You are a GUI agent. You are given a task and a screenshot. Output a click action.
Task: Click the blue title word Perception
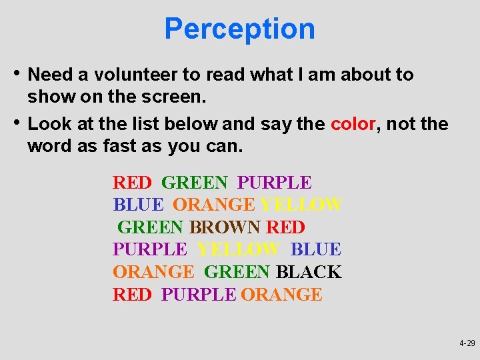pos(239,29)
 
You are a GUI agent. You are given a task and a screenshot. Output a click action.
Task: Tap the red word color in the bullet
pos(353,124)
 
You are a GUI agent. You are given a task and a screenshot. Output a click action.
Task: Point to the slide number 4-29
pos(467,343)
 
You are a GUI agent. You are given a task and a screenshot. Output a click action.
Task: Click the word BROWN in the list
pos(225,227)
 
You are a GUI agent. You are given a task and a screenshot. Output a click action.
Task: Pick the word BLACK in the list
pos(308,272)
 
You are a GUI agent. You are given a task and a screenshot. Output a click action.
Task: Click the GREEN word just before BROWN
pos(151,227)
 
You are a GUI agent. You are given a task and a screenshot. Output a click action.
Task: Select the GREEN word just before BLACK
pos(237,272)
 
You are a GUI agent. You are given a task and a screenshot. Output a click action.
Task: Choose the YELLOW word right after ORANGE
pos(301,205)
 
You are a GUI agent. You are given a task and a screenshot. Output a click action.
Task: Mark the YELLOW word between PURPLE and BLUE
pos(238,249)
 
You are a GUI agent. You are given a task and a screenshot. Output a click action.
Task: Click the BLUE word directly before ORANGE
pos(138,205)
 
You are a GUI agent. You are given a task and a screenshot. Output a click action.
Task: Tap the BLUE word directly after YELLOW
pos(316,249)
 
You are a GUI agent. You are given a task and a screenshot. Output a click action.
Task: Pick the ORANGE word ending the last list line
pos(281,294)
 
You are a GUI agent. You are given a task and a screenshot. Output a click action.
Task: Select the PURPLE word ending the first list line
pos(275,182)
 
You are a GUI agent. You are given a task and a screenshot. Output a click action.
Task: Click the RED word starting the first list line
pos(133,182)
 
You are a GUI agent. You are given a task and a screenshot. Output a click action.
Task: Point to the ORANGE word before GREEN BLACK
pos(153,272)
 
